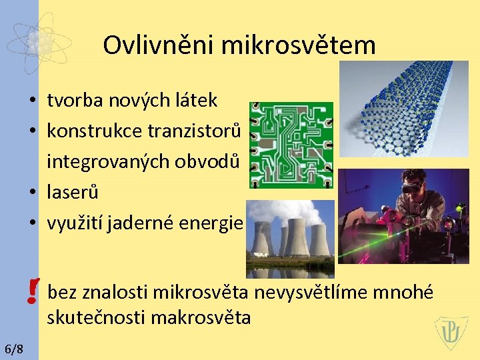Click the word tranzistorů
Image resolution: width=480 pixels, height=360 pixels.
(195, 131)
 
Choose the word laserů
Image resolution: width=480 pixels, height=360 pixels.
(73, 193)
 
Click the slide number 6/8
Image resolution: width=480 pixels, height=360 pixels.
(13, 349)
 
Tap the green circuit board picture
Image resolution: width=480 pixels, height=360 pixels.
(291, 145)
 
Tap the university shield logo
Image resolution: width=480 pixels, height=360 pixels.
(451, 333)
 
